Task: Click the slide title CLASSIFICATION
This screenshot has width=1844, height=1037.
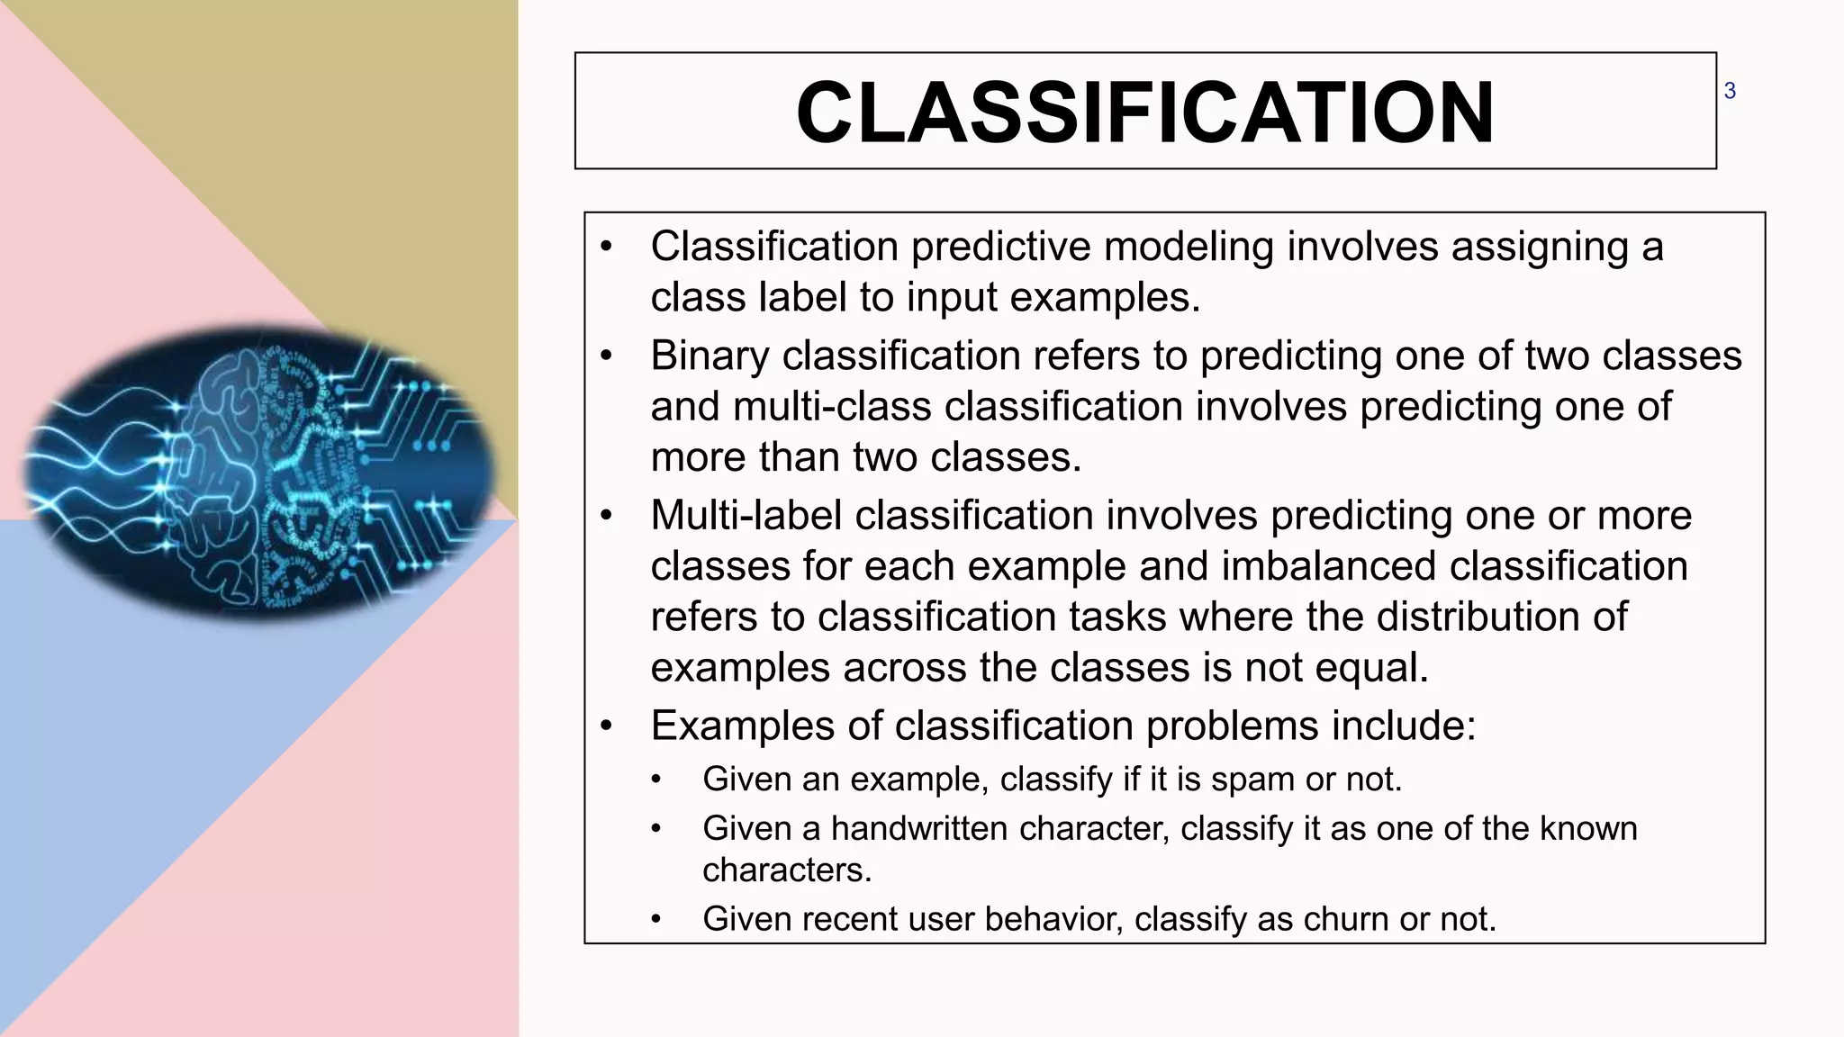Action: [x=1144, y=113]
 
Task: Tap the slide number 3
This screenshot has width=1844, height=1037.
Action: [x=1729, y=91]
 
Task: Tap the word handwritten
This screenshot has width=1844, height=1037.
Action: [x=918, y=829]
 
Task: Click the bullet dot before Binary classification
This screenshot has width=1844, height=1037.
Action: [x=607, y=356]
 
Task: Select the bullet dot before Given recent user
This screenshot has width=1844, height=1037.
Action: [x=656, y=920]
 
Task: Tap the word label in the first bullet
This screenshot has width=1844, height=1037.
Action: [x=789, y=298]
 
